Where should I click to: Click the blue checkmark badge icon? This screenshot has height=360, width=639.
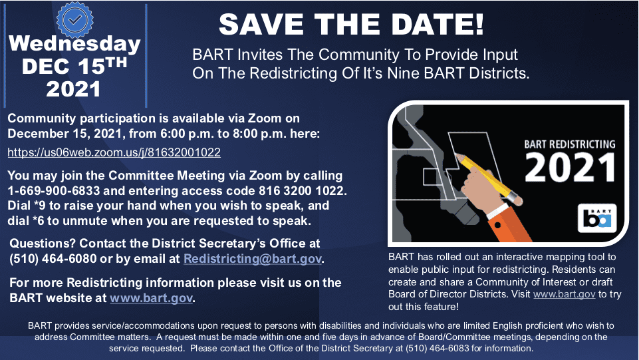pos(74,19)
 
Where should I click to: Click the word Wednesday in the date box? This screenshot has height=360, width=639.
pos(74,44)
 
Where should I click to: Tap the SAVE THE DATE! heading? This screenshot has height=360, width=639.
pos(351,25)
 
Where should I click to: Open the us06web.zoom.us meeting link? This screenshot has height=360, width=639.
pos(114,152)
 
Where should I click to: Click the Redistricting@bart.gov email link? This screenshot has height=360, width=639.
pos(253,259)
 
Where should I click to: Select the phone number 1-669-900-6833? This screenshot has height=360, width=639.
pos(53,191)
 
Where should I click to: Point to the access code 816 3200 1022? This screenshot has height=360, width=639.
pos(301,191)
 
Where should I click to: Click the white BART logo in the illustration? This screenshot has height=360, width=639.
pos(597,218)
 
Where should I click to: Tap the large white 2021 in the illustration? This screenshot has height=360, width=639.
pos(570,168)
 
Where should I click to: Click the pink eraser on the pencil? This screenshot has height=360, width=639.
pos(517,200)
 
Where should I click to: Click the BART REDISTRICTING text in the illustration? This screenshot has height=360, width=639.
pos(570,144)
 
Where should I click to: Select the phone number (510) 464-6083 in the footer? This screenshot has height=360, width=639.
pos(438,349)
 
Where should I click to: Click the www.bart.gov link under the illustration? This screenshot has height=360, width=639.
pos(564,294)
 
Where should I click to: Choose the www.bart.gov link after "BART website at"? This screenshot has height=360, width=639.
pos(151,298)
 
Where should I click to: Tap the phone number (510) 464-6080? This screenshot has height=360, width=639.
pos(53,259)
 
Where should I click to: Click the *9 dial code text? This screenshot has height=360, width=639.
pos(39,206)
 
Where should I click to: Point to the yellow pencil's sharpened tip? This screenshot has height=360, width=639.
pos(456,155)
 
